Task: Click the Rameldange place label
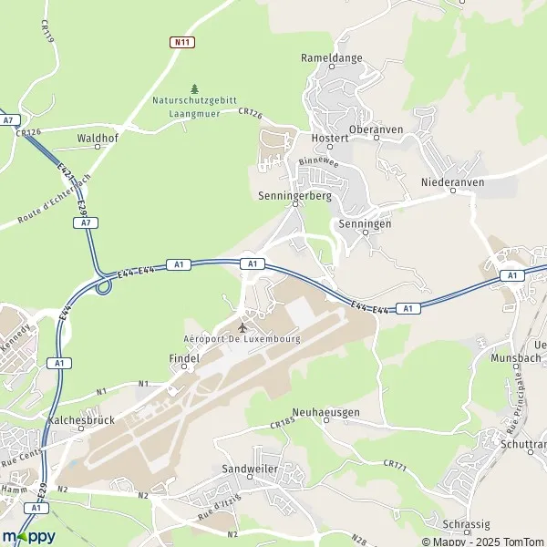332,57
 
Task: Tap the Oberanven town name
376,130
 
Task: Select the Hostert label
331,138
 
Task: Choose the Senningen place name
364,223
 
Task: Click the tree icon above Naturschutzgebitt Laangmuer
193,88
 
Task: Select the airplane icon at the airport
243,326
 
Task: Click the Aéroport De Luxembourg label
243,339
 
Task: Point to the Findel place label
183,359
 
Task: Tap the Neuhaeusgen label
325,412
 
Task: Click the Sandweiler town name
251,469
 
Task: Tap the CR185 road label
284,425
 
